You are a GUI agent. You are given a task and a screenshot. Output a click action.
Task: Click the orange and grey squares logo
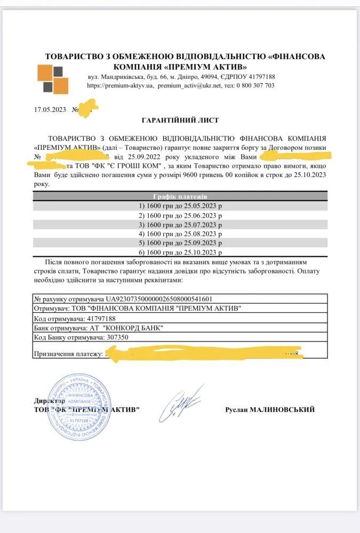coord(53,78)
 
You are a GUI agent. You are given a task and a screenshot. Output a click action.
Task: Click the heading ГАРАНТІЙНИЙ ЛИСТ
coord(180,120)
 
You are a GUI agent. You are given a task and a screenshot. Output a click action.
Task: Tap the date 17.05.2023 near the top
coord(50,109)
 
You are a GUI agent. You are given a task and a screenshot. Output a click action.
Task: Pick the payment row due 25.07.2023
coord(180,224)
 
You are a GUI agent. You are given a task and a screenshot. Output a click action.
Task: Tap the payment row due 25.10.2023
coord(180,252)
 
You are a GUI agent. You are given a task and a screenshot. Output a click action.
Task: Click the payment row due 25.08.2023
coord(180,233)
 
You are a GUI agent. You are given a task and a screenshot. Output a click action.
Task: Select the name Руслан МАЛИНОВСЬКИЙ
coord(270,409)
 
